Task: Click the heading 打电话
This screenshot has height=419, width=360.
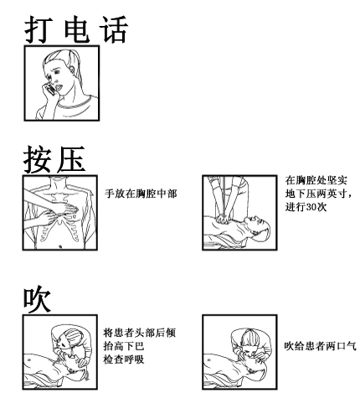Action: pyautogui.click(x=76, y=29)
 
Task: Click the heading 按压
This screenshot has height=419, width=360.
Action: pyautogui.click(x=54, y=159)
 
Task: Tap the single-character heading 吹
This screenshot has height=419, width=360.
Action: pyautogui.click(x=37, y=299)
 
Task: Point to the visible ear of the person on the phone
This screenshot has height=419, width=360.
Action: pyautogui.click(x=72, y=69)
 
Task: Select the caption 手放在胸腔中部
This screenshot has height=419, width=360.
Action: pyautogui.click(x=141, y=194)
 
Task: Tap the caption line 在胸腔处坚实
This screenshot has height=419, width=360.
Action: pyautogui.click(x=316, y=180)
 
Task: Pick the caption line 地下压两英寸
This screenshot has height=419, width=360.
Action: pyautogui.click(x=316, y=194)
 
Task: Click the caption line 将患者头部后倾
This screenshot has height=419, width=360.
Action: pyautogui.click(x=140, y=333)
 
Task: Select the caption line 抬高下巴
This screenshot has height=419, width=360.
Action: pyautogui.click(x=124, y=346)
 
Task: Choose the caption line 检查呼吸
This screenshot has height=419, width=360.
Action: pyautogui.click(x=124, y=360)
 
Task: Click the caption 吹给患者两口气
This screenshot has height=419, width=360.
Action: pyautogui.click(x=321, y=346)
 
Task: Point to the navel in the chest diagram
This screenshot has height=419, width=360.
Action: pyautogui.click(x=60, y=246)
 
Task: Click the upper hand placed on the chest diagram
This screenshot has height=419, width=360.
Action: pyautogui.click(x=64, y=208)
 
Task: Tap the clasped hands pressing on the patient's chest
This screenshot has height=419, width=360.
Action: pyautogui.click(x=224, y=220)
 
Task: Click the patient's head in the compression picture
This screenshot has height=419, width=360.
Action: pyautogui.click(x=257, y=228)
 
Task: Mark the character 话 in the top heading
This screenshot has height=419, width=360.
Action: pyautogui.click(x=114, y=29)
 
